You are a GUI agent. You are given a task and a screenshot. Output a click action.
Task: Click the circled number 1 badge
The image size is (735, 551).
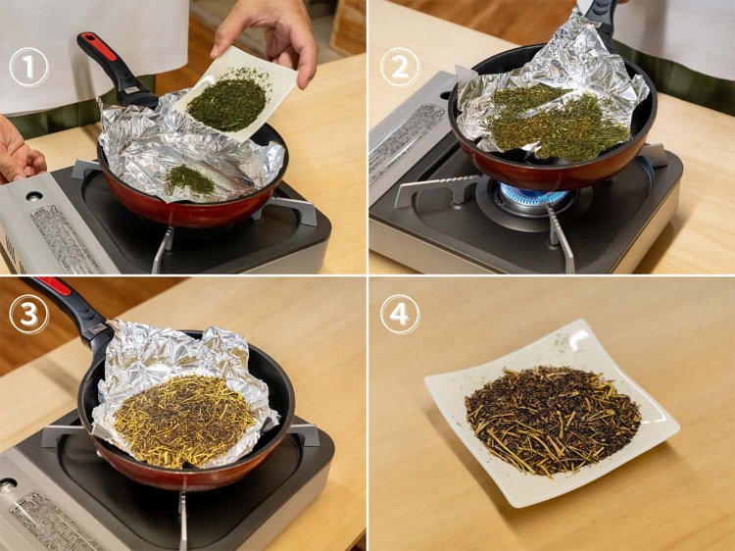tap(28, 67)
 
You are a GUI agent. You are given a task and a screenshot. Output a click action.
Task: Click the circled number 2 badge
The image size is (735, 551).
tap(400, 67)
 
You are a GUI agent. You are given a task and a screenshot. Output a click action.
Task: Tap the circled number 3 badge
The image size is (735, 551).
tap(28, 315)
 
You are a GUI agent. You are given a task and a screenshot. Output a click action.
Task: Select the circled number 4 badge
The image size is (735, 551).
tap(400, 315)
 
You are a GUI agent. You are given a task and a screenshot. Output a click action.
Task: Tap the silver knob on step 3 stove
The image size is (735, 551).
tap(7, 485)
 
